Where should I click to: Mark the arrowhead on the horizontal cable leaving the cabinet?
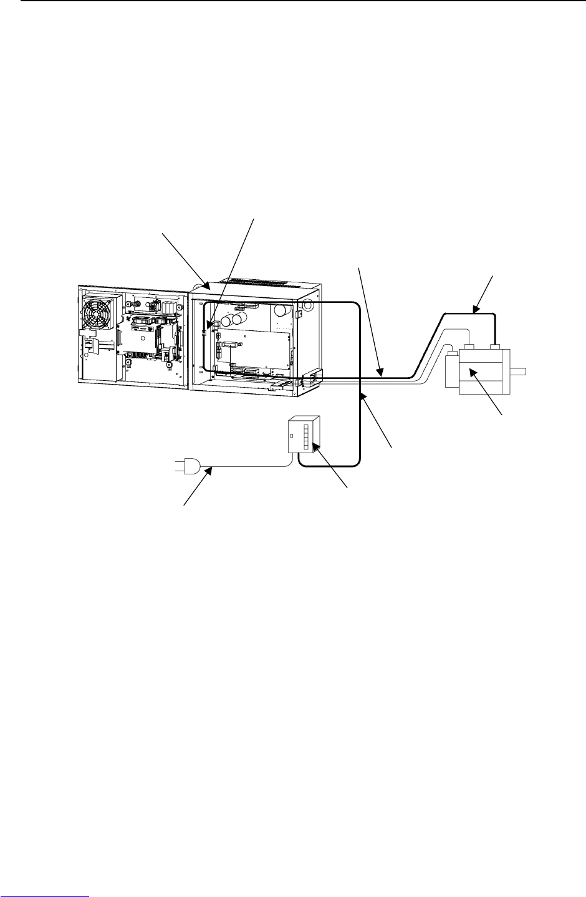coord(379,373)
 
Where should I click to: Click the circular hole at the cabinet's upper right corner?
coord(307,308)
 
